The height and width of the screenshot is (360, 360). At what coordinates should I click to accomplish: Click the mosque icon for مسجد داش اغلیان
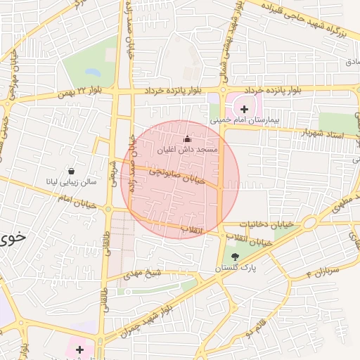187,139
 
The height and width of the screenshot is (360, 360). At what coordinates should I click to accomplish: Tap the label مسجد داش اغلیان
187,150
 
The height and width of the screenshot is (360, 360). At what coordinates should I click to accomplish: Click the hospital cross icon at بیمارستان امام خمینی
244,109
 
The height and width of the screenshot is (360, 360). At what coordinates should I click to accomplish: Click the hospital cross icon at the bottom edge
79,349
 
